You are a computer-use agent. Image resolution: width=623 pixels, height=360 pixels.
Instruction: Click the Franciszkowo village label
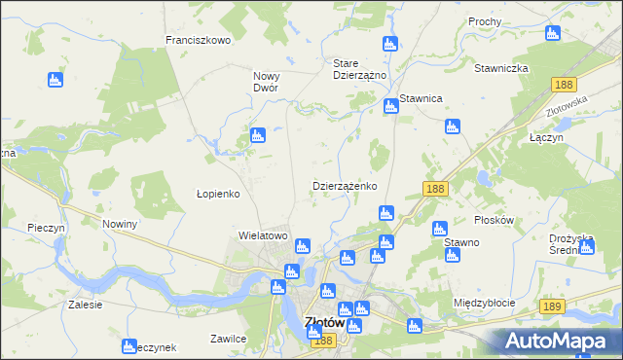(x=198, y=40)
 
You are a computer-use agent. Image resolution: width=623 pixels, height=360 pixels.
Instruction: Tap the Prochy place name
(x=485, y=21)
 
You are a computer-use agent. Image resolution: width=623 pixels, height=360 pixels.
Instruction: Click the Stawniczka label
(x=500, y=68)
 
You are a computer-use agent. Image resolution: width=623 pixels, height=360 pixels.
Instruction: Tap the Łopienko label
(x=218, y=194)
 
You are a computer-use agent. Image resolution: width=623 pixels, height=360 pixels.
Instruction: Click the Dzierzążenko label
(x=345, y=185)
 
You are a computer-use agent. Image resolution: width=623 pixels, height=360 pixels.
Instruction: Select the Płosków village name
(x=493, y=220)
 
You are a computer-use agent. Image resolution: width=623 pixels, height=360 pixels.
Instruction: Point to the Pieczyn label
(x=46, y=227)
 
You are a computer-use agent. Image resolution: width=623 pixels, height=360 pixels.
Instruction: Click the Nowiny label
(x=120, y=224)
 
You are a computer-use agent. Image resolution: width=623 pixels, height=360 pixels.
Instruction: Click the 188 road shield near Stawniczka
(x=562, y=86)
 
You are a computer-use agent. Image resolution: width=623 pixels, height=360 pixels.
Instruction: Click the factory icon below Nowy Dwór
(x=257, y=135)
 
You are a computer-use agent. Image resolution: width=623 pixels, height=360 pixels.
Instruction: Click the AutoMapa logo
(x=559, y=341)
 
